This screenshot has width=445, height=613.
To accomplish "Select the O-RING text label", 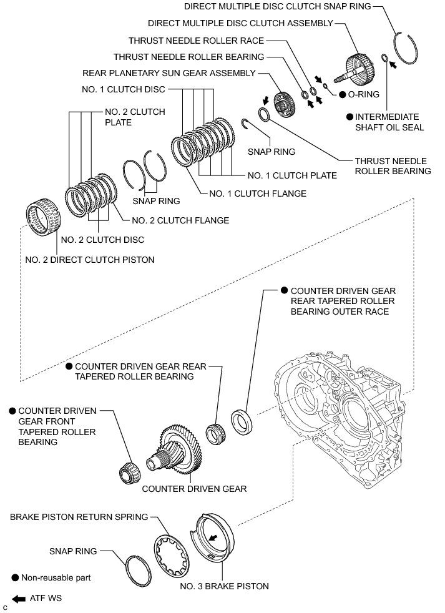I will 363,95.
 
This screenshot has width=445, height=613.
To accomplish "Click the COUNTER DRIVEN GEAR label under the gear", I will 194,489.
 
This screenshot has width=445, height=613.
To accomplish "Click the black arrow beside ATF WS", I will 19,598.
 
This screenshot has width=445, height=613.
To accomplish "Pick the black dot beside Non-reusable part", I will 14,578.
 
